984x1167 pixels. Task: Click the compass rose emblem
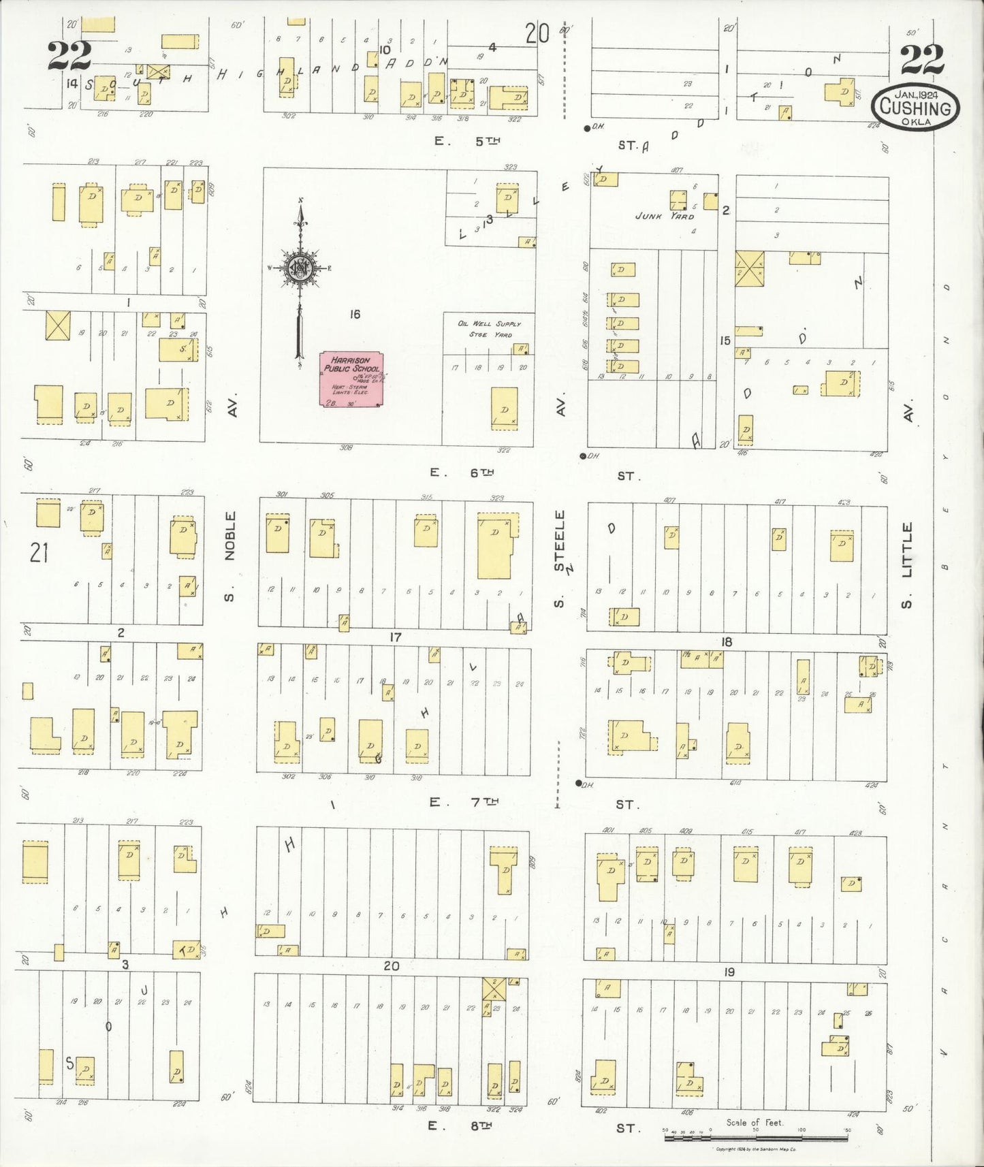(x=299, y=268)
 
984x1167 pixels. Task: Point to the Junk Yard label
(x=664, y=216)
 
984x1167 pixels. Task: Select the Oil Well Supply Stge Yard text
(x=488, y=329)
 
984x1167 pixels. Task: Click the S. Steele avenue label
(x=560, y=558)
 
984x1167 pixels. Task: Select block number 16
(x=354, y=315)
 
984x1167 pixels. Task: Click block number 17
(x=395, y=637)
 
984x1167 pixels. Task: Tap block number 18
(x=727, y=642)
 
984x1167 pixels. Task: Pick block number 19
(x=729, y=972)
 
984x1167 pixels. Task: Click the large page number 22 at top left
(x=69, y=57)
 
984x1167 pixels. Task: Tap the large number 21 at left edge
(x=39, y=552)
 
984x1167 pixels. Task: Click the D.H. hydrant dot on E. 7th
(x=579, y=784)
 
